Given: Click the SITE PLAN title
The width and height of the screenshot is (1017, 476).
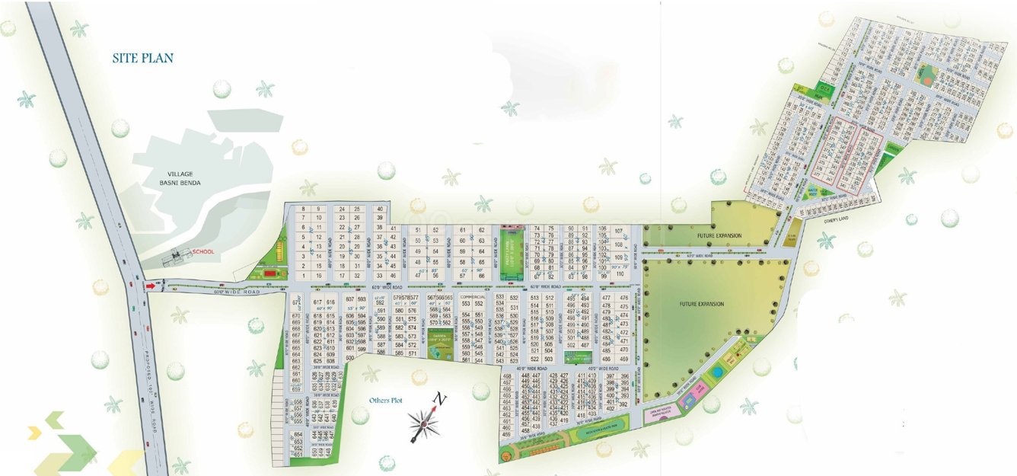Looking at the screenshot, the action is [x=143, y=58].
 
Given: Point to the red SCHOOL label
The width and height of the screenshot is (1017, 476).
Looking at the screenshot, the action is [x=203, y=251].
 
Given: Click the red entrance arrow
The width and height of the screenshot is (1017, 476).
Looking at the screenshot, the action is [x=150, y=286].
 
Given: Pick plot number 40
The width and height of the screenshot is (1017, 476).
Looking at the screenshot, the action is [x=380, y=208].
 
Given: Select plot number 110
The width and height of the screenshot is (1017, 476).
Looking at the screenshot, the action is [x=620, y=275].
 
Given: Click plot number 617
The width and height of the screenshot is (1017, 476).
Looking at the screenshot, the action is [x=317, y=302].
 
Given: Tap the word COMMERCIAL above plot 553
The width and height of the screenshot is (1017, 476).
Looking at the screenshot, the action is [x=473, y=297].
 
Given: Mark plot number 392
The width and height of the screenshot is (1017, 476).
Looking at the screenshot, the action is [x=623, y=405].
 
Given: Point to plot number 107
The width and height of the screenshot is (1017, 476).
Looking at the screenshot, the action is [x=619, y=231].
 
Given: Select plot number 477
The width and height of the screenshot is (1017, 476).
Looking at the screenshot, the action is [x=607, y=298].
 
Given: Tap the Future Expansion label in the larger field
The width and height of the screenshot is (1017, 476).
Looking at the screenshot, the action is [x=701, y=304].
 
